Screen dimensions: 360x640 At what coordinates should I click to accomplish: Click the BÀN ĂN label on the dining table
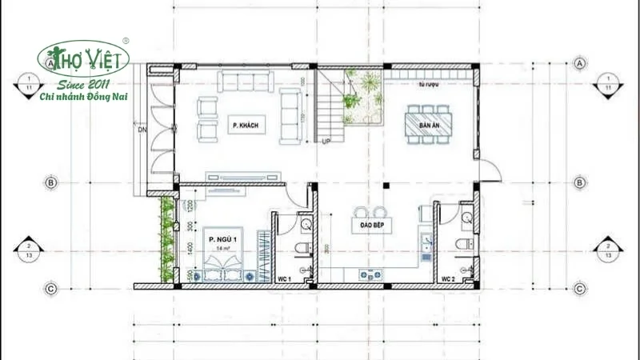click(430, 124)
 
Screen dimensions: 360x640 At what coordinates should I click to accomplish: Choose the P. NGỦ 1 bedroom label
click(222, 240)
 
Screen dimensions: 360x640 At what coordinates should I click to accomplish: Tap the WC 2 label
click(449, 278)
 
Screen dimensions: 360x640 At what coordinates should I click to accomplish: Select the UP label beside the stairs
click(326, 142)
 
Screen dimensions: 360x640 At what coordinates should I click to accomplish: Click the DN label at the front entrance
click(142, 128)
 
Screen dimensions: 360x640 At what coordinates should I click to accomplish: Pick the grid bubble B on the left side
click(50, 183)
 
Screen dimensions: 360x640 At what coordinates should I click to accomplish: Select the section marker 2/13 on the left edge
click(29, 250)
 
